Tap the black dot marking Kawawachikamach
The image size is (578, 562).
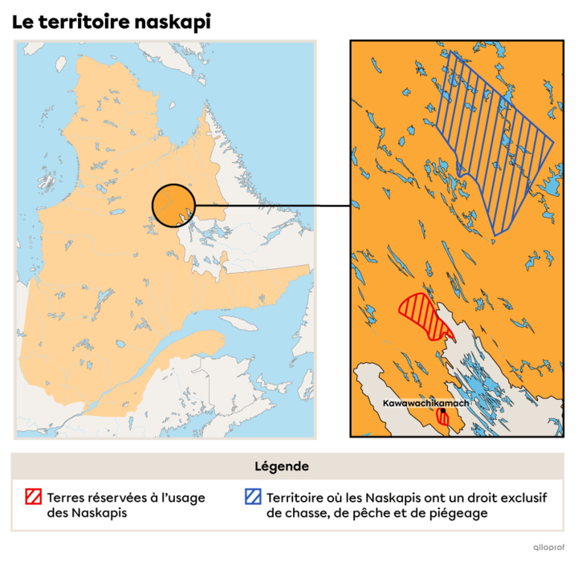pyautogui.click(x=442, y=410)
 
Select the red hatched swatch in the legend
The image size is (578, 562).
pyautogui.click(x=33, y=498)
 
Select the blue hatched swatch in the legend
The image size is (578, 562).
pyautogui.click(x=253, y=498)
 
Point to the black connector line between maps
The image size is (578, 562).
pyautogui.click(x=257, y=206)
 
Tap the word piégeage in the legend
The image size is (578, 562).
pyautogui.click(x=459, y=513)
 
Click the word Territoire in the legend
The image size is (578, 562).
pyautogui.click(x=297, y=498)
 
